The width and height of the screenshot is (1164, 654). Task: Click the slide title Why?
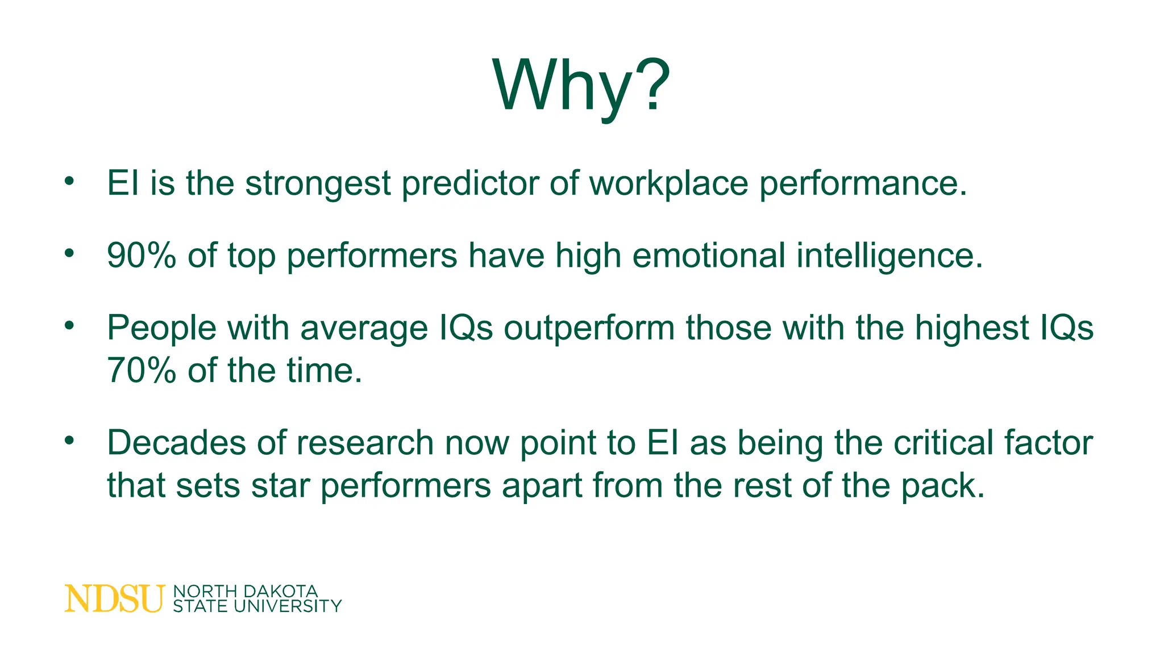tap(581, 85)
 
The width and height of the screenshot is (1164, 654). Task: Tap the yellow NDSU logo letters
tap(114, 599)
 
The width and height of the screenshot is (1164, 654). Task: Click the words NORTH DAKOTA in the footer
tap(245, 592)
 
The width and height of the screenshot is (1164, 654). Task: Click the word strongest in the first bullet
tap(318, 184)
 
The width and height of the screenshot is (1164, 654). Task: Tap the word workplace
tap(668, 184)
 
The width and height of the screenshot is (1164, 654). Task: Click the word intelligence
tap(889, 255)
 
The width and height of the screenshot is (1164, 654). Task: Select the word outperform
tap(589, 328)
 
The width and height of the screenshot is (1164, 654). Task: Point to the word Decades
tap(176, 443)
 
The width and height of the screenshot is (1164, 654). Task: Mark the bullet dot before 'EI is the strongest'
tap(69, 182)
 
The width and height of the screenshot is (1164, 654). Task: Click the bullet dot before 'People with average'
tap(69, 326)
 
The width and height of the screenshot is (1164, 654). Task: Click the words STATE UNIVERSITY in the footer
tap(257, 607)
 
